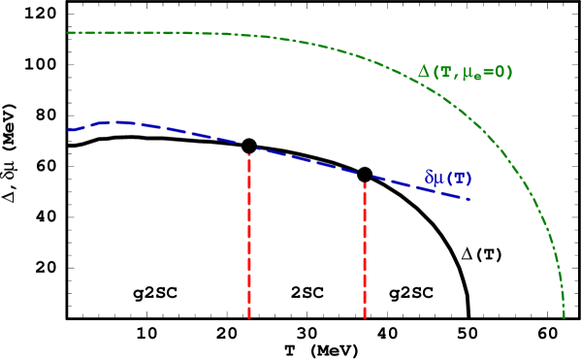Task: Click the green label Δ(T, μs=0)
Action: [x=465, y=73]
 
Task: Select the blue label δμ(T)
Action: [x=448, y=178]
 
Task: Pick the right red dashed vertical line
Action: [x=365, y=249]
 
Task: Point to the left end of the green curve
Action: [x=67, y=33]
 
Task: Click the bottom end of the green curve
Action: [x=564, y=316]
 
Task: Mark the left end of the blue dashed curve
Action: [x=68, y=129]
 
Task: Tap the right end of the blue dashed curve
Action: [x=469, y=200]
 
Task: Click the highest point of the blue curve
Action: [x=116, y=121]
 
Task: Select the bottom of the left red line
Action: [x=249, y=317]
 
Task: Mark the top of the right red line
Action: [x=365, y=181]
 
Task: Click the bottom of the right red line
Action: [x=365, y=317]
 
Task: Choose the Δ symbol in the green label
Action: [x=424, y=73]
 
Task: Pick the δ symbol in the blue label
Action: [x=430, y=178]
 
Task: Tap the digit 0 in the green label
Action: [x=498, y=73]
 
